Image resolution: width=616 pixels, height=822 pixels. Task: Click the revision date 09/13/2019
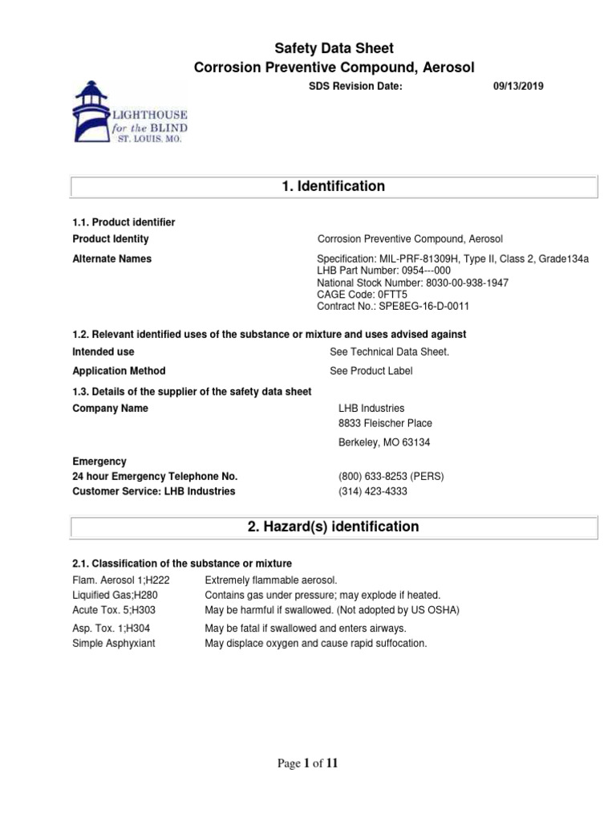point(517,86)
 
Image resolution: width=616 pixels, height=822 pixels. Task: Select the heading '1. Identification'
point(333,186)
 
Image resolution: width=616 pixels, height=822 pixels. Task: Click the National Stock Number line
point(412,283)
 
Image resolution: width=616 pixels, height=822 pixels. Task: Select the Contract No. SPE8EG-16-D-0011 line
point(393,306)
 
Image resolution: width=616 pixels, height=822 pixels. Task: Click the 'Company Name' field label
point(110,409)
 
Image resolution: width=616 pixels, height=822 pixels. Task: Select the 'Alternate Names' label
point(111,258)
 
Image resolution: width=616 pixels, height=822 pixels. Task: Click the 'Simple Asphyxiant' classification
point(113,643)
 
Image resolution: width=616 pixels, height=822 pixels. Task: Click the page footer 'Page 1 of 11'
point(308,763)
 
